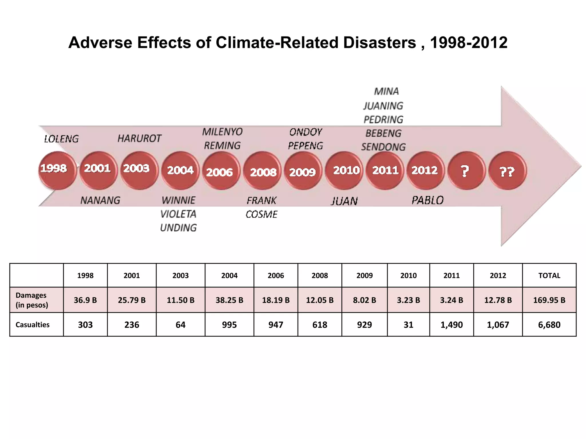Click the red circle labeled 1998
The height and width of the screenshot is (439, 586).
(x=57, y=170)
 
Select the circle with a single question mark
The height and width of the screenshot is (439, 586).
(x=466, y=171)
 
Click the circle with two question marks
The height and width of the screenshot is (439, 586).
(x=507, y=171)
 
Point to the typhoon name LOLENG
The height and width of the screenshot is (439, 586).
(x=61, y=139)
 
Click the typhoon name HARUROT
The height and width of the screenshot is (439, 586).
(x=139, y=139)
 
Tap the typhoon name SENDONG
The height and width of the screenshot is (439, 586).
(x=383, y=147)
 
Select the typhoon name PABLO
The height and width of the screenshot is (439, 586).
(x=427, y=200)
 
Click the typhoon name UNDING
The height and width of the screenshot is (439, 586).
(x=178, y=228)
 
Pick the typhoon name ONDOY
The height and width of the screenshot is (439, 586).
(x=306, y=132)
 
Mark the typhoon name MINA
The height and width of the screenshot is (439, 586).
(x=386, y=91)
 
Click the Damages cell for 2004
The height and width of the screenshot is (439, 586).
(x=229, y=300)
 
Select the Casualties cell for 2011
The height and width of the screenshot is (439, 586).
(x=451, y=325)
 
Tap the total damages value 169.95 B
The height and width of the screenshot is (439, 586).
(x=549, y=300)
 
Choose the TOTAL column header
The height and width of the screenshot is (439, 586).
(x=549, y=276)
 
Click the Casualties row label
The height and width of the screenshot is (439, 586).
(x=33, y=325)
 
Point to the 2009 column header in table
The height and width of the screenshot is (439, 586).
(x=364, y=276)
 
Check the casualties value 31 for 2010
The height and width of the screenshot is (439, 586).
(x=408, y=325)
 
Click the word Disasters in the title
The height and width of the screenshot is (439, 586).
(x=379, y=43)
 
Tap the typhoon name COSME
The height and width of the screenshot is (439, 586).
(x=262, y=214)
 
